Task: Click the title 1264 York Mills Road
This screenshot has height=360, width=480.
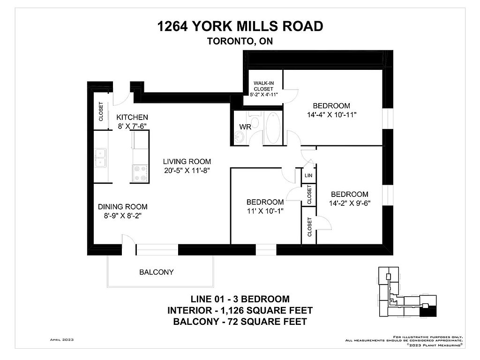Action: pyautogui.click(x=240, y=26)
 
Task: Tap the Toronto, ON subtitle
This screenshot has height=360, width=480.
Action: pyautogui.click(x=240, y=41)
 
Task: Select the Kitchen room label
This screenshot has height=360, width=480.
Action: pyautogui.click(x=132, y=117)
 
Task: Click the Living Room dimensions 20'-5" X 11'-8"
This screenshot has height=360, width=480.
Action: pyautogui.click(x=187, y=171)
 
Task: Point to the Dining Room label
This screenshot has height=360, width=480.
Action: pyautogui.click(x=122, y=207)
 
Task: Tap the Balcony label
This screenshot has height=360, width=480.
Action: pyautogui.click(x=157, y=272)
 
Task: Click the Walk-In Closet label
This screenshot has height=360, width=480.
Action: pyautogui.click(x=263, y=86)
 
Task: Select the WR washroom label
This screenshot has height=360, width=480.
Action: pyautogui.click(x=245, y=127)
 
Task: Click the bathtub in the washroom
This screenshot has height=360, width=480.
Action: pyautogui.click(x=273, y=127)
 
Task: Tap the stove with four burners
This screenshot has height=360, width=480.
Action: pyautogui.click(x=140, y=173)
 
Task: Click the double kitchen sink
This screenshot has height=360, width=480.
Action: pyautogui.click(x=100, y=157)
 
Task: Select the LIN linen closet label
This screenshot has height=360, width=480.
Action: pyautogui.click(x=308, y=175)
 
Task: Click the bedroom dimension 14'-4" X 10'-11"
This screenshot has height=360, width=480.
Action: pyautogui.click(x=331, y=115)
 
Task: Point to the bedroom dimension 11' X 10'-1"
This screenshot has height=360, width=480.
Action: pyautogui.click(x=265, y=211)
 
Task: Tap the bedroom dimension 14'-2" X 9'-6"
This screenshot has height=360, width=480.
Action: pyautogui.click(x=350, y=203)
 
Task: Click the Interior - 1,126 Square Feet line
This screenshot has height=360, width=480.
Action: pyautogui.click(x=240, y=310)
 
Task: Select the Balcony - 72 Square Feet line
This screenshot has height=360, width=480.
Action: pyautogui.click(x=240, y=322)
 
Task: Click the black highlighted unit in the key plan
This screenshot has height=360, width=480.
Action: pyautogui.click(x=428, y=312)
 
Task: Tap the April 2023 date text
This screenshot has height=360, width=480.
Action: pyautogui.click(x=62, y=339)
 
